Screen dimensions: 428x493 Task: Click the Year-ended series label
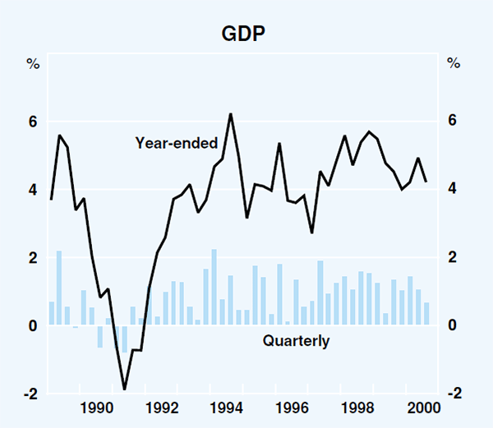[x=176, y=143]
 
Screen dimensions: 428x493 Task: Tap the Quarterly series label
[x=296, y=341]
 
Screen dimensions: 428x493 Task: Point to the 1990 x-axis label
[x=97, y=407]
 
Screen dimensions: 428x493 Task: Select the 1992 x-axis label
[x=162, y=407]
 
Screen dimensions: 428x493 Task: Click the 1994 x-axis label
[x=228, y=407]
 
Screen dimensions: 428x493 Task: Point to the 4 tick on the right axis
[x=453, y=190]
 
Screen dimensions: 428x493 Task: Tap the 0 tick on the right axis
[x=453, y=326]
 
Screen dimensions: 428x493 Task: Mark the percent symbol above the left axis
[x=34, y=63]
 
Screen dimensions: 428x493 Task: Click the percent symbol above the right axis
[x=453, y=63]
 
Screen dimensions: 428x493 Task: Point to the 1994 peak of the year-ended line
[x=230, y=114]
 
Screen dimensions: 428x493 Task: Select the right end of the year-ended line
[x=426, y=182]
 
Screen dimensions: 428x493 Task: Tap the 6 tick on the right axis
[x=453, y=122]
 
